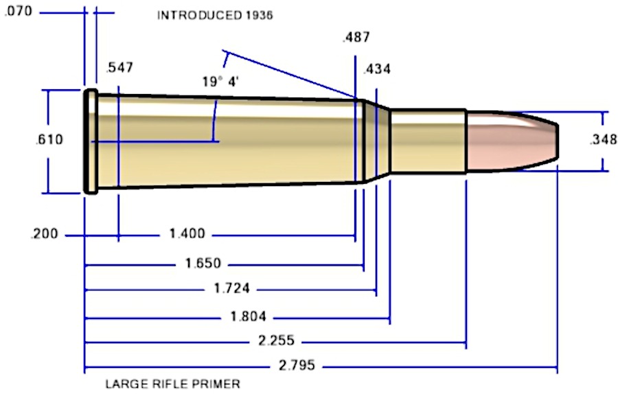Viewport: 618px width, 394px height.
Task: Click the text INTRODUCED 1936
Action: (x=215, y=16)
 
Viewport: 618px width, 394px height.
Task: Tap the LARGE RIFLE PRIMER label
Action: (x=172, y=384)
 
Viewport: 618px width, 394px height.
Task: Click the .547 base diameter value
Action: (x=119, y=67)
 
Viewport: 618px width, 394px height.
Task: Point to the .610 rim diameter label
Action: (x=48, y=139)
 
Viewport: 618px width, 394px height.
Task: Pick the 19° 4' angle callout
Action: (x=220, y=82)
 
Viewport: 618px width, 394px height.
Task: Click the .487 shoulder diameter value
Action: (x=355, y=38)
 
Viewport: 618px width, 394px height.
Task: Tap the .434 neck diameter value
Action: (x=377, y=69)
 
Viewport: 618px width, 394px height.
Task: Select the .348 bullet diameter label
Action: (x=603, y=140)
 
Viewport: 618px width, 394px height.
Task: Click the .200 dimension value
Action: (x=44, y=235)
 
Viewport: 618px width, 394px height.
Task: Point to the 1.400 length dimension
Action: (x=187, y=235)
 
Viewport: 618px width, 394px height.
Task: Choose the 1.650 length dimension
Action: (x=204, y=264)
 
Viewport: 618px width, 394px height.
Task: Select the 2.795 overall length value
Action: (x=297, y=365)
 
